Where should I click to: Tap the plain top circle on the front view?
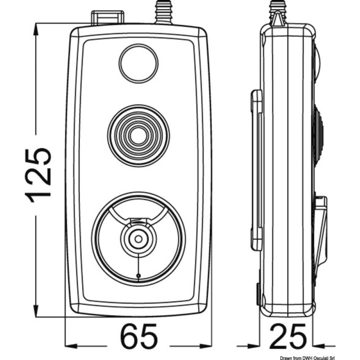(x=139, y=63)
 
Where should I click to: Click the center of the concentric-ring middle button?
(x=139, y=136)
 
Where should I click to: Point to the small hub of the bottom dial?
(x=139, y=238)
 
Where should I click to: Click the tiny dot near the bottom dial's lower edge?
(x=139, y=276)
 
